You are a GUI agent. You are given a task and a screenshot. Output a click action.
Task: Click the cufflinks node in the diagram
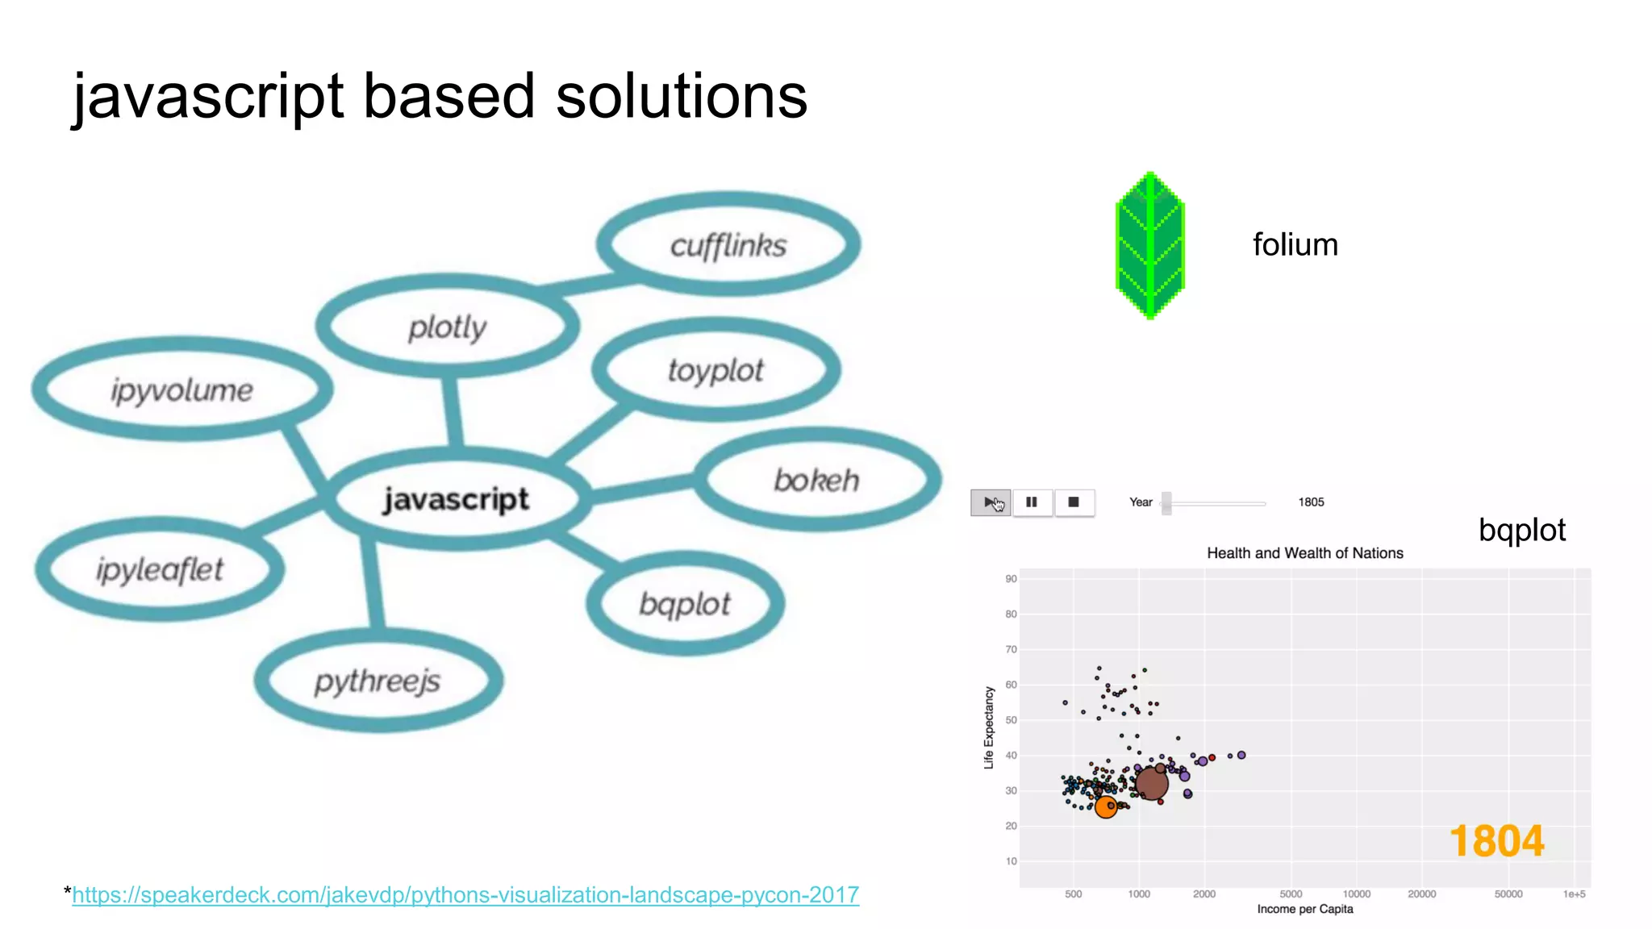728,245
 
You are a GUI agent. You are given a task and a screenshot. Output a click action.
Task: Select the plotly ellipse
448,327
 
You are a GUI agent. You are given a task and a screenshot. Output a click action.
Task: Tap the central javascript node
457,499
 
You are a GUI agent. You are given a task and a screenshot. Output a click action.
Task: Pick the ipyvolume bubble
181,390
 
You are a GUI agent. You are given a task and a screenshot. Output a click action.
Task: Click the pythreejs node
378,681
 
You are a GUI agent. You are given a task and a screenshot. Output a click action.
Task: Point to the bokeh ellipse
816,481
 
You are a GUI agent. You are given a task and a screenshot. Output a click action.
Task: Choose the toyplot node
715,370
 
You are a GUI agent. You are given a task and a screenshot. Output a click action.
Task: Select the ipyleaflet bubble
160,569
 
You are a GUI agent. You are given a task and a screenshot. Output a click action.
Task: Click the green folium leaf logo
1149,245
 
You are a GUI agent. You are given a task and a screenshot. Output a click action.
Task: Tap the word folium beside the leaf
1295,245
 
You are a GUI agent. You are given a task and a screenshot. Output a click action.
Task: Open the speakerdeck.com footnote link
465,895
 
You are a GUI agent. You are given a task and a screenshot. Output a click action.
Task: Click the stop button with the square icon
1074,502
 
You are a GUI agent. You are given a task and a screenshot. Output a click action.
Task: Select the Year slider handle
1166,503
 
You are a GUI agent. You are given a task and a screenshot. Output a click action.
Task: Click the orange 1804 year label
1496,841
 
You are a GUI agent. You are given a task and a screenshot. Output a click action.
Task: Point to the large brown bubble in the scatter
1151,783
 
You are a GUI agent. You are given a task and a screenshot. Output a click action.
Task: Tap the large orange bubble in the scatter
1106,807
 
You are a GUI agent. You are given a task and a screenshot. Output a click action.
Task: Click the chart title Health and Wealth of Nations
1304,553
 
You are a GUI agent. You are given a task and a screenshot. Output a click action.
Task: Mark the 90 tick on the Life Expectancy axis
1011,579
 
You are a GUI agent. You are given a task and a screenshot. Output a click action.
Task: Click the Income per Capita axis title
1304,910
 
